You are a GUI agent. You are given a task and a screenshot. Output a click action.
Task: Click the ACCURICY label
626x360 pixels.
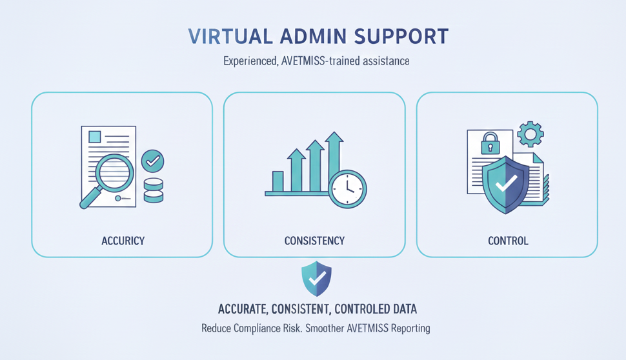coord(123,241)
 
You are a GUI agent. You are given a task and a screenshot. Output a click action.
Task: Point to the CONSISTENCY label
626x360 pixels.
coord(314,241)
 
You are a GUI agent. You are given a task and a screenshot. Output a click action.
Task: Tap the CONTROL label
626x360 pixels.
coord(508,241)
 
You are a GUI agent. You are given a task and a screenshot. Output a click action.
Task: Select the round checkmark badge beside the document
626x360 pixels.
coord(152,160)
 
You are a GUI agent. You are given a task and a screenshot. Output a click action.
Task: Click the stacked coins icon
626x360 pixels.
coord(154,191)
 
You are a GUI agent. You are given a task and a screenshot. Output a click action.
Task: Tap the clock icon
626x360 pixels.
coord(348,190)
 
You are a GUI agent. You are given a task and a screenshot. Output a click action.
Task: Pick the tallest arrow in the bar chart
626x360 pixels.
coord(334,161)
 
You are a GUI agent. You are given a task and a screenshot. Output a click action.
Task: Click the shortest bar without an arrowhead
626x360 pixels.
coord(278,181)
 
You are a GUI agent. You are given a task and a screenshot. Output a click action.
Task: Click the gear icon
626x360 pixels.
coord(530,134)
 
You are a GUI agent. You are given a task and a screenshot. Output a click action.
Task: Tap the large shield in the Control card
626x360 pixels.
coord(507,184)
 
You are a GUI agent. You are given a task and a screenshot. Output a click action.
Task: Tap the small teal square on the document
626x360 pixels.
coord(95,137)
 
